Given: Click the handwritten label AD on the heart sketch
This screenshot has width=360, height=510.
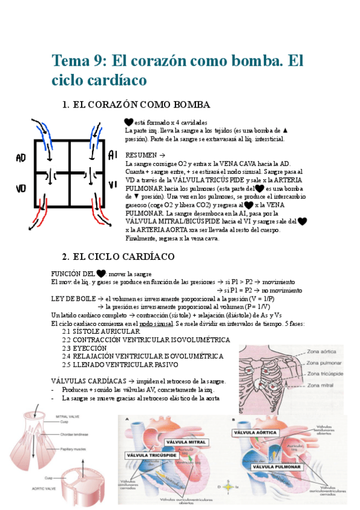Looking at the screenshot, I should (x=22, y=158).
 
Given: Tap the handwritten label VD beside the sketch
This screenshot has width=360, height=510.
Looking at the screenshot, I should (x=22, y=188).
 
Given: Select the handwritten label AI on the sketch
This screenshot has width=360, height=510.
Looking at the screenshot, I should (x=112, y=156).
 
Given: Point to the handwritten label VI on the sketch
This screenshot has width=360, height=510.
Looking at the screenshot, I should (x=112, y=184).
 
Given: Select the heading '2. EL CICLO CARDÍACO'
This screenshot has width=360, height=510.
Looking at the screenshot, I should (x=124, y=257).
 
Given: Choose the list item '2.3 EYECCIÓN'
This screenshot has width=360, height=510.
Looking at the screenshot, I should (x=84, y=348).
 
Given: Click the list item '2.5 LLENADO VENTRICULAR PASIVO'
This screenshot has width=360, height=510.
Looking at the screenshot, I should (x=120, y=364).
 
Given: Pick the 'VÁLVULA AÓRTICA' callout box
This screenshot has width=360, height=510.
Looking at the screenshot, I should (x=257, y=432).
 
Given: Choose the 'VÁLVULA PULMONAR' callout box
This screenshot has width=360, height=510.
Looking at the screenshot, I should (x=276, y=466).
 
